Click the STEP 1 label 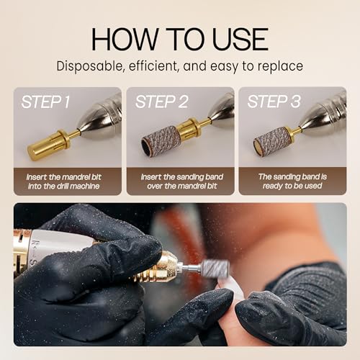pyautogui.click(x=45, y=102)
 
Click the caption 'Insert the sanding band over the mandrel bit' pyautogui.click(x=180, y=181)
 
